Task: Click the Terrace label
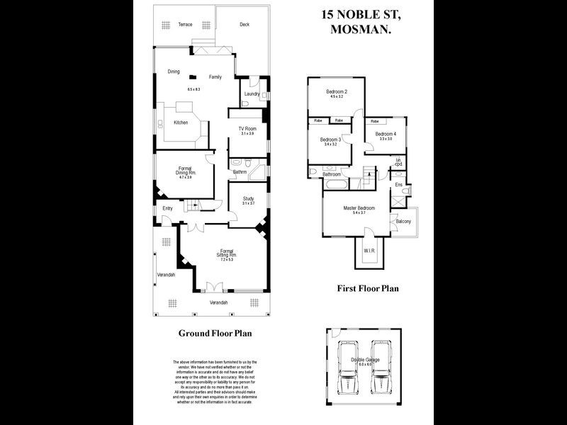coord(185,24)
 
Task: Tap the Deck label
coord(245,24)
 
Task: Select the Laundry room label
coord(251,94)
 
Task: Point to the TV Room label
coord(247,128)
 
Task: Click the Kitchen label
coord(181,123)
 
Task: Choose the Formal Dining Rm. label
coord(185,170)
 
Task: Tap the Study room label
coord(247,198)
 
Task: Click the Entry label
coord(167,208)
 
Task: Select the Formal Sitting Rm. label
coord(227,253)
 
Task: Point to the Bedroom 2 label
coord(336,92)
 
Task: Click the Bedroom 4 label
coord(386,134)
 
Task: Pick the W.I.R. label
coord(369,251)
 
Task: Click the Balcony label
coord(403,222)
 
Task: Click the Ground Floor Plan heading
coord(215,332)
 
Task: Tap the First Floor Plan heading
coord(367,288)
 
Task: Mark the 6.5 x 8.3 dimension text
coord(194,89)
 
